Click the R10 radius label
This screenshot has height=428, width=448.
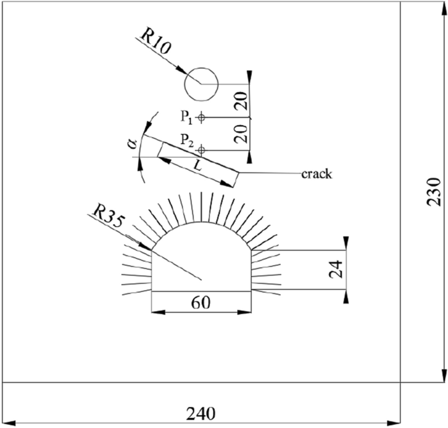156,41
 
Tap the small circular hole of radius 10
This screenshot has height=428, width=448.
201,84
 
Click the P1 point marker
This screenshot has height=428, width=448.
201,117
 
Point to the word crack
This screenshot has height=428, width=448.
317,174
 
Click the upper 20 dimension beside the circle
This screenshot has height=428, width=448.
242,100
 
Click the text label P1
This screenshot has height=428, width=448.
187,117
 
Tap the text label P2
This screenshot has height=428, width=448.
187,143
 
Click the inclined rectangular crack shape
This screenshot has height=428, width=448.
199,163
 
